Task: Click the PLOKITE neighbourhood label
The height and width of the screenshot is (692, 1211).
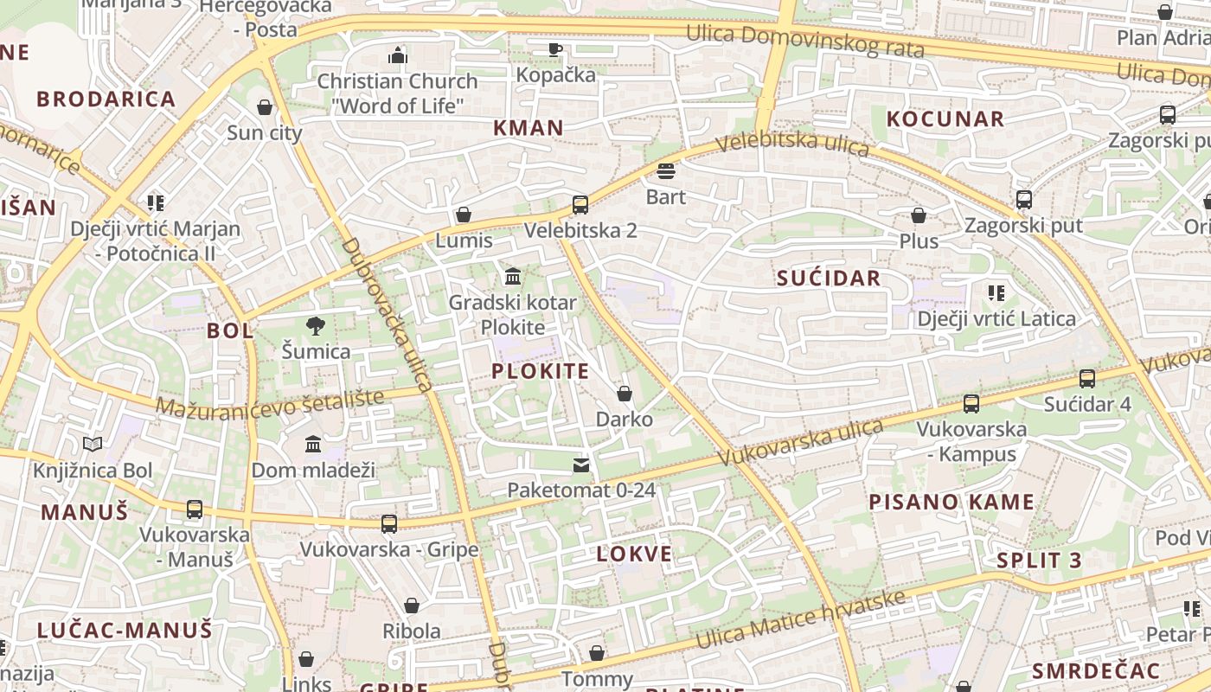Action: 540,372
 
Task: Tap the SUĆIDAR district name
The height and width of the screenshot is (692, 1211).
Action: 828,279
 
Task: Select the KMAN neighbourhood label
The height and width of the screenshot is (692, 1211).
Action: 528,128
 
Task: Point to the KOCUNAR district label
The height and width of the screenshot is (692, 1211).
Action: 945,119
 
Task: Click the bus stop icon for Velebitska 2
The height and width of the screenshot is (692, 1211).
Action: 580,205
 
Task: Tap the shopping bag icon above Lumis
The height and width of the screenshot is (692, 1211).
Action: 464,215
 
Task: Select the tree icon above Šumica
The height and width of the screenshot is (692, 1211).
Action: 316,326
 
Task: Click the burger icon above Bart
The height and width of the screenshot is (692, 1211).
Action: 665,171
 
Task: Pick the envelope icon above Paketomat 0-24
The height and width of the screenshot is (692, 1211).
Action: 581,465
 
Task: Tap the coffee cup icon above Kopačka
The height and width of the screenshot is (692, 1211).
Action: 554,49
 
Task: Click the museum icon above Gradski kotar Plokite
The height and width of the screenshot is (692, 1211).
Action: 513,277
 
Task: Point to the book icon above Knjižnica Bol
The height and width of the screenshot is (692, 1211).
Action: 93,445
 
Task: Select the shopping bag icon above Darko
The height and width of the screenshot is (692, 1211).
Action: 625,394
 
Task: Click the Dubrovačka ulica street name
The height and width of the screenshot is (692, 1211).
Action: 387,315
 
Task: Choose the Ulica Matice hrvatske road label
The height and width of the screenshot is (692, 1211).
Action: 801,619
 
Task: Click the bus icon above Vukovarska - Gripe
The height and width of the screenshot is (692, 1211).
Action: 389,523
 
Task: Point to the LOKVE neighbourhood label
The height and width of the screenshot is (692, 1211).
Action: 634,554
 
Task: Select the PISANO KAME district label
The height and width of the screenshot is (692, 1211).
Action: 951,503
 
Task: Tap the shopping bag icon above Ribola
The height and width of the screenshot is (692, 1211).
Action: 412,605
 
